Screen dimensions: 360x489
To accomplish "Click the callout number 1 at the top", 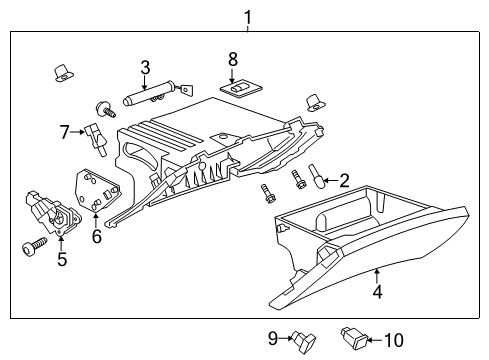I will pyautogui.click(x=247, y=15).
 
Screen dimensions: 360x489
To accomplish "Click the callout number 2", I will pyautogui.click(x=345, y=181).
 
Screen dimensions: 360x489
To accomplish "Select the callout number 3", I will pyautogui.click(x=145, y=68).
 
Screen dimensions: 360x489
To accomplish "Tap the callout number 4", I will pyautogui.click(x=377, y=294).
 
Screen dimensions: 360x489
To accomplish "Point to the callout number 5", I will pyautogui.click(x=61, y=261).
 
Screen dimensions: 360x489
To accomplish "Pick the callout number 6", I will pyautogui.click(x=96, y=236).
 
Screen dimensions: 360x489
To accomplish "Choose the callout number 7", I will pyautogui.click(x=64, y=131).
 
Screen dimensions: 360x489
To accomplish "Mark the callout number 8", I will pyautogui.click(x=233, y=59).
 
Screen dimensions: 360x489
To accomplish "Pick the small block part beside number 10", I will pyautogui.click(x=354, y=336).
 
